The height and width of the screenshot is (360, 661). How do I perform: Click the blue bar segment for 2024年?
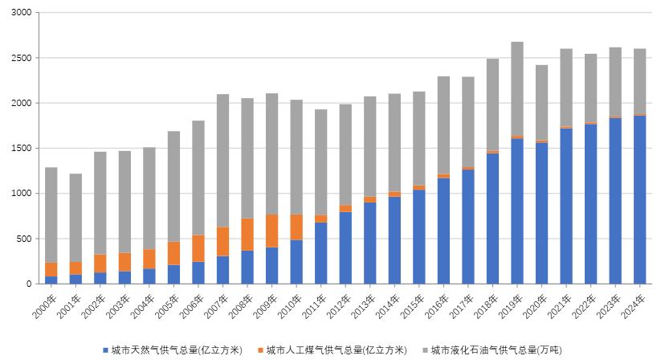(639, 199)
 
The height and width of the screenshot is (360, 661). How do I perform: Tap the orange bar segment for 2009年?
(271, 231)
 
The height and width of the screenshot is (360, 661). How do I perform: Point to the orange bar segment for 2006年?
(198, 248)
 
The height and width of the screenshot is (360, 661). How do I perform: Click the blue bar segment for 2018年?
(492, 218)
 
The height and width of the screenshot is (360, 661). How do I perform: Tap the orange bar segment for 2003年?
(124, 262)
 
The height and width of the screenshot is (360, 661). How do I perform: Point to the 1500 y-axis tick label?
(22, 149)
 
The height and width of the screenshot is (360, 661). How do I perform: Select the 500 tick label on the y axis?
(25, 239)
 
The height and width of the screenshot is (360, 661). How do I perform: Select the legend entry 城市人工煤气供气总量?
(337, 350)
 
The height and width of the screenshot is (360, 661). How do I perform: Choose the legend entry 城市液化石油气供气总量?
(496, 350)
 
